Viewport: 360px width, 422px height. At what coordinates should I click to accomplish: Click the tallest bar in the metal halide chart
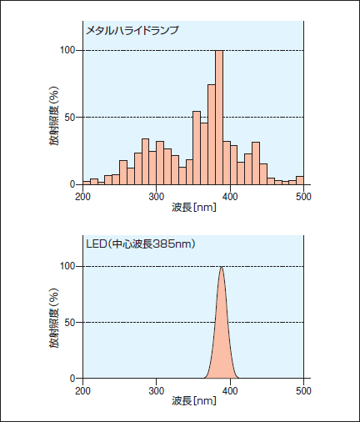tap(219, 118)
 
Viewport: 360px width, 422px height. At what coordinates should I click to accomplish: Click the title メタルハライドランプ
tap(132, 30)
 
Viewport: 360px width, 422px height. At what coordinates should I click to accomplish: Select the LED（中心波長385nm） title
tap(141, 244)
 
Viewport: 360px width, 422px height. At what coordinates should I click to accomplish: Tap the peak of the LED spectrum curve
tap(221, 267)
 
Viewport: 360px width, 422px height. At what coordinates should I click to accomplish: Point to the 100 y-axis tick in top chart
tap(67, 50)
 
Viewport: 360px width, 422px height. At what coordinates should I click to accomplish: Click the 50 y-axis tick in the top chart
tap(70, 118)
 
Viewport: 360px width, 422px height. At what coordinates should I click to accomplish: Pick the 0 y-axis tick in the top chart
tap(72, 184)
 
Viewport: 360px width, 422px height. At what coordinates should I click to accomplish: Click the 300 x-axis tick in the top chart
tap(157, 197)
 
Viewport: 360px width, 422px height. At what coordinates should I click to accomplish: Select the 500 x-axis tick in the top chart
tap(303, 197)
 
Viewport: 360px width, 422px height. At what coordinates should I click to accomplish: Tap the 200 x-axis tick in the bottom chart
tap(82, 391)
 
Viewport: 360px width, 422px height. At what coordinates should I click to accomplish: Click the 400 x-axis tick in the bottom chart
tap(230, 391)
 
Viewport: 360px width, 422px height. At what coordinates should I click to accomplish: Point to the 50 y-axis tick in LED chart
tap(70, 323)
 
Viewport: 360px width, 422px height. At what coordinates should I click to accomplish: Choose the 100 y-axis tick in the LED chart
tap(67, 266)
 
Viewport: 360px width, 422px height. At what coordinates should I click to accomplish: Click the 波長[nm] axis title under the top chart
tap(194, 207)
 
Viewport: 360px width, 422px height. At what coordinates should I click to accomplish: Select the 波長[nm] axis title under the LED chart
tap(194, 401)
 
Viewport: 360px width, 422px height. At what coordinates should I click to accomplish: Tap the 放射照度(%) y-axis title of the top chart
tap(54, 116)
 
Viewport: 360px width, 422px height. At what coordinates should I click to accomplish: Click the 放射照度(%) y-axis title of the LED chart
tap(54, 319)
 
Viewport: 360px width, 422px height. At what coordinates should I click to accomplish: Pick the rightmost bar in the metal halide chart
tap(300, 180)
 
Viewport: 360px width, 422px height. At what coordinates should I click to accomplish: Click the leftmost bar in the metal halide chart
tap(87, 183)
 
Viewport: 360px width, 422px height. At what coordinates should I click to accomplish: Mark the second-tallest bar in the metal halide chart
tap(212, 134)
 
